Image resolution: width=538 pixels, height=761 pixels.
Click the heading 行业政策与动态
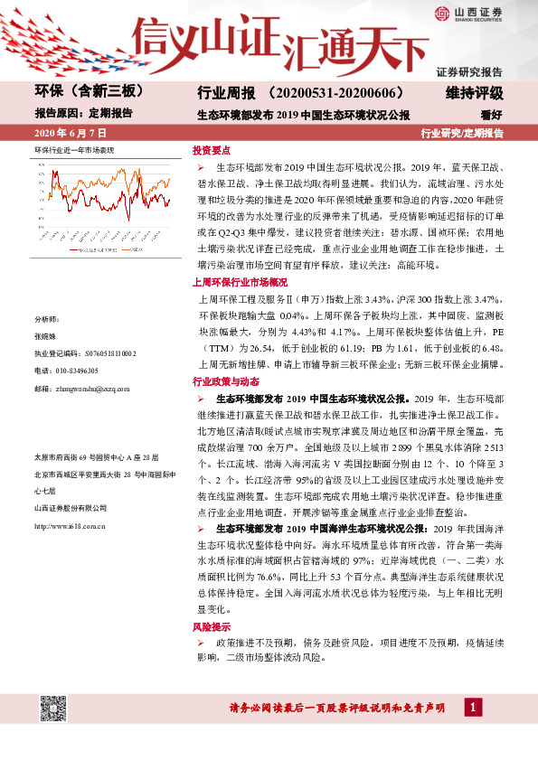225,381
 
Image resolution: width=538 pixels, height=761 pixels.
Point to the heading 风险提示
211,626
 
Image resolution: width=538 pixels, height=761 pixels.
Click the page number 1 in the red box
474,706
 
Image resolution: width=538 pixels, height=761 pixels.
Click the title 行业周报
222,93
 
